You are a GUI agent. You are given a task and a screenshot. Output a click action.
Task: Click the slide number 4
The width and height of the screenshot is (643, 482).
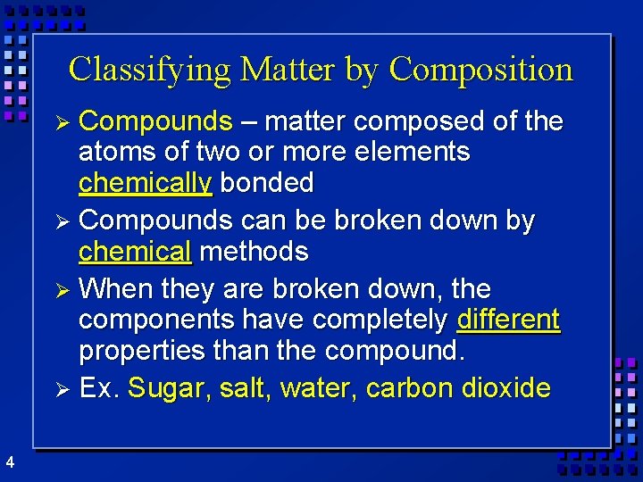(x=9, y=461)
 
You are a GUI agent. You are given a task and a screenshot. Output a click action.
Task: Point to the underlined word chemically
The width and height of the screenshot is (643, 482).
(x=145, y=183)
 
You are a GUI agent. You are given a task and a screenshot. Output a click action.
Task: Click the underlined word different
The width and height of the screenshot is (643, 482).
(x=508, y=320)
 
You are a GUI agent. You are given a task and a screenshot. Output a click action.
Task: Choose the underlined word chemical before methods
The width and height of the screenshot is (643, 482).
(x=135, y=253)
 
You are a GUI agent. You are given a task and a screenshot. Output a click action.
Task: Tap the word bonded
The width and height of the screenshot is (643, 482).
(x=267, y=183)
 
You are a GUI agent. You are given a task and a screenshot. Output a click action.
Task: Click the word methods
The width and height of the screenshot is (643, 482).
(x=254, y=253)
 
